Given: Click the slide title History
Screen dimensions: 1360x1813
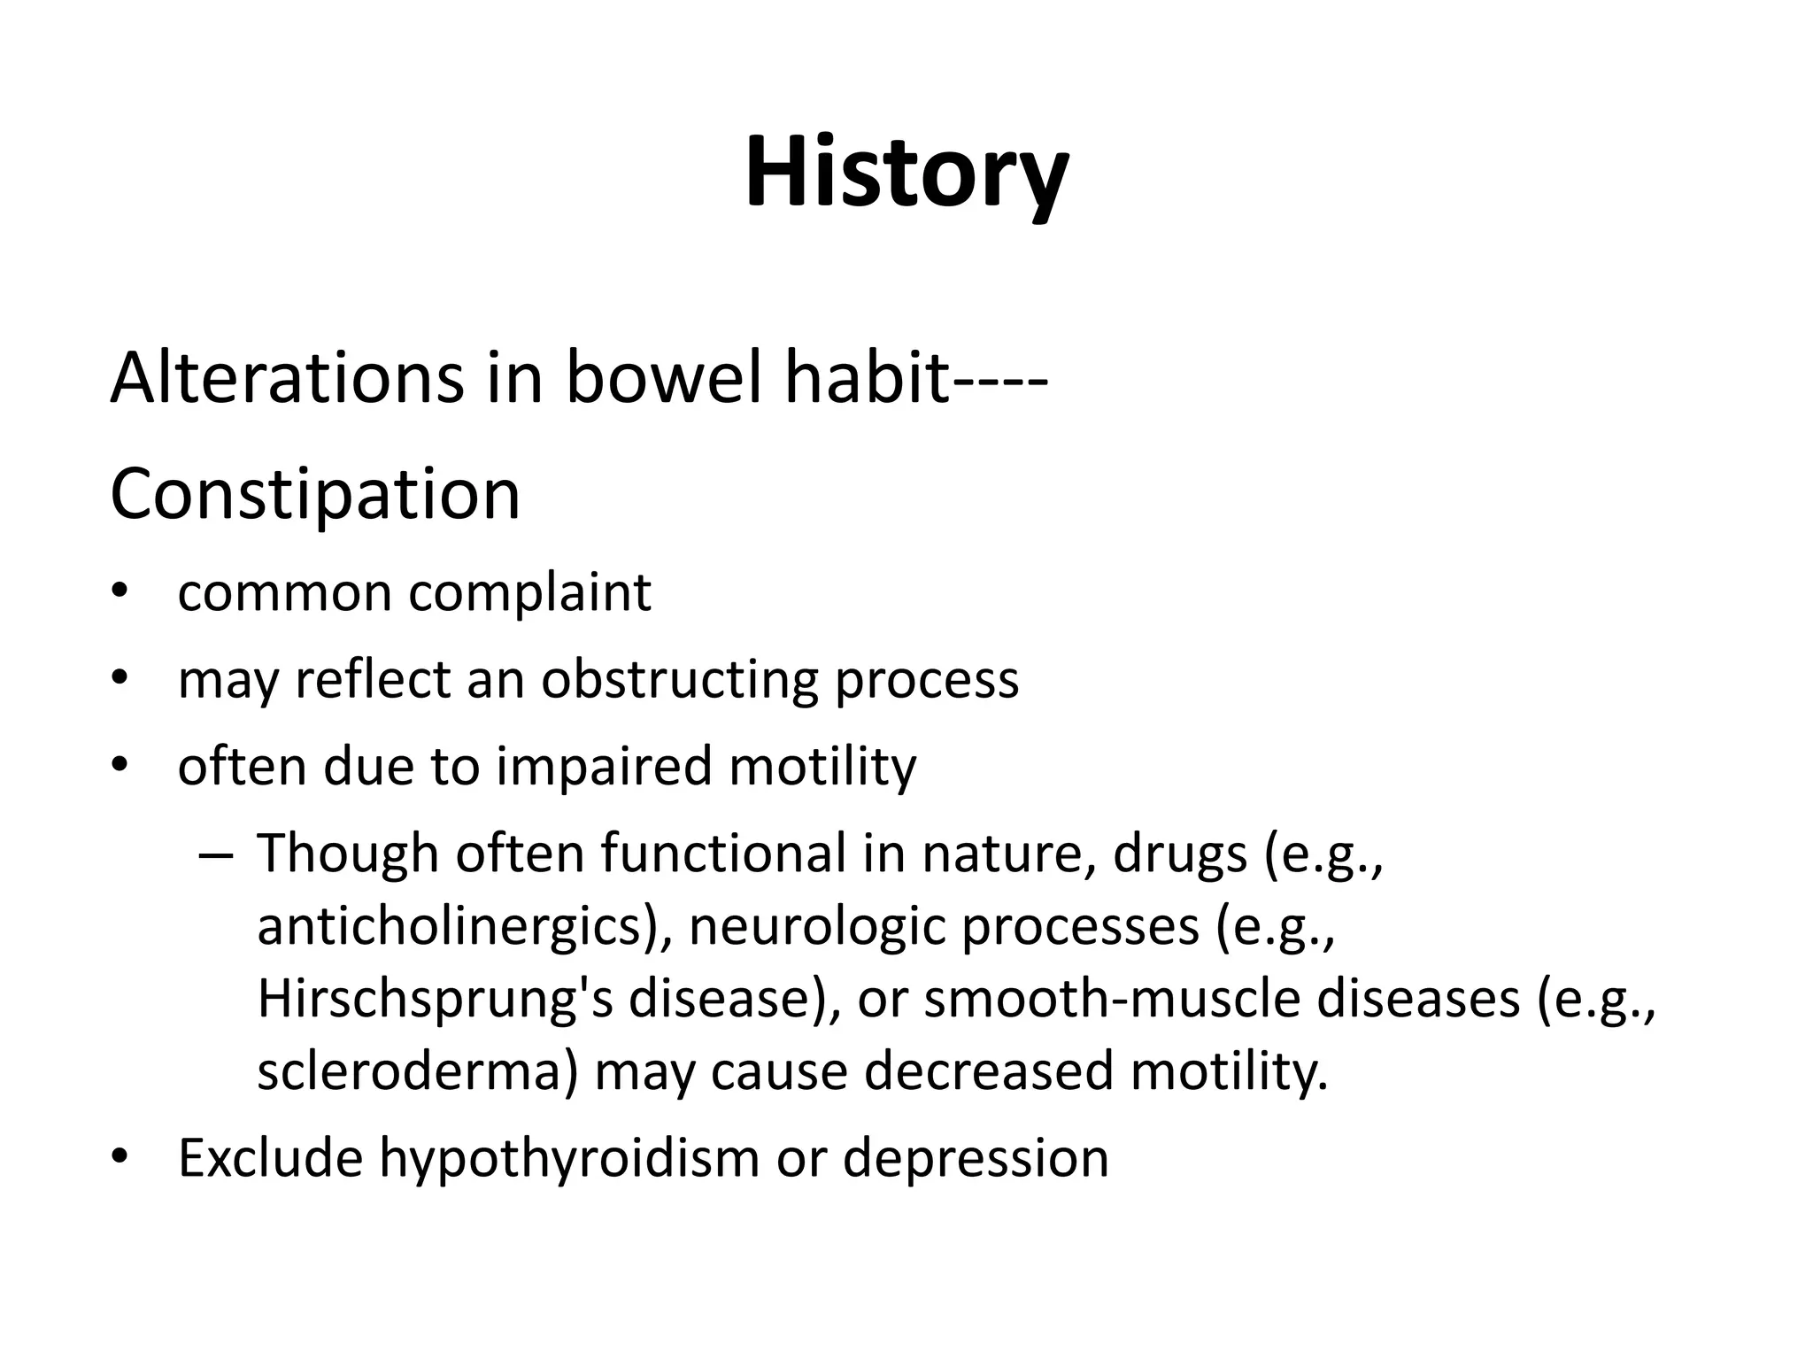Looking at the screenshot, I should pyautogui.click(x=906, y=173).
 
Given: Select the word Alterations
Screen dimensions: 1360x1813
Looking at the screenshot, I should pyautogui.click(x=286, y=378).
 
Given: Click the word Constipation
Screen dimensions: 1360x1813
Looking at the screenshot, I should pyautogui.click(x=315, y=495).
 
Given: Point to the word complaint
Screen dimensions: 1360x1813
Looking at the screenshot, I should pyautogui.click(x=529, y=592).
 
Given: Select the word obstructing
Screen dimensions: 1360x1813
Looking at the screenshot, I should pyautogui.click(x=679, y=680).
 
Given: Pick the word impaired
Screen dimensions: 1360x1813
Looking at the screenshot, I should pyautogui.click(x=604, y=766).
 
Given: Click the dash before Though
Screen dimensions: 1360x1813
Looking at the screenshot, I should pyautogui.click(x=215, y=855).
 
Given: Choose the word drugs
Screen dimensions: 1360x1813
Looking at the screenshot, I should pyautogui.click(x=1180, y=854).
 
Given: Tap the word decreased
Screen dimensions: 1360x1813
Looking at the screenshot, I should pyautogui.click(x=989, y=1071).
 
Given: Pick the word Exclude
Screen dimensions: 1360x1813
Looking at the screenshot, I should pyautogui.click(x=270, y=1158).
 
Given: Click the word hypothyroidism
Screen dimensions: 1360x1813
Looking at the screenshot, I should pyautogui.click(x=569, y=1158).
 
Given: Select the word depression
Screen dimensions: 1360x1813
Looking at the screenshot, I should pyautogui.click(x=975, y=1158).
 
